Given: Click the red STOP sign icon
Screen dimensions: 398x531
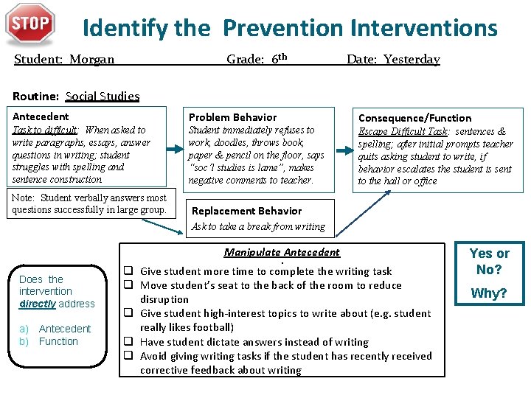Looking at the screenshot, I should point(30,24).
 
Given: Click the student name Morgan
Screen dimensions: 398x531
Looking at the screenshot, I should point(92,60).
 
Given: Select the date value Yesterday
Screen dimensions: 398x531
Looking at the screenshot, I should point(412,60).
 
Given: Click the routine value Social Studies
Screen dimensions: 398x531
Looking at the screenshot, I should point(102,96).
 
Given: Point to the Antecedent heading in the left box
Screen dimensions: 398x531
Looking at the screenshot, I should point(41,116).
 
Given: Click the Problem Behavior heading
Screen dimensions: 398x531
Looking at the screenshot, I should point(232,117).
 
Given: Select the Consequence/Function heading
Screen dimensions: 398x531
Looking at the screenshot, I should point(414,118).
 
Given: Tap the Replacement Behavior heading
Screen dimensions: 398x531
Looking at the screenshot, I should point(246,211).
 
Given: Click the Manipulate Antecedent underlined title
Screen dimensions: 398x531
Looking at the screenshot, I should point(282,252).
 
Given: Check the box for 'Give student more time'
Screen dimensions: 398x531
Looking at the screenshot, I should point(128,271).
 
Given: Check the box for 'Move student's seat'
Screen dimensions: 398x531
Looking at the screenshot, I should point(128,285).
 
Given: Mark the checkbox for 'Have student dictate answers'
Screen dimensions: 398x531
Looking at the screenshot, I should point(128,342).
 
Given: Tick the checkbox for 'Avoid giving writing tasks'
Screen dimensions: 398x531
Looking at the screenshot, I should point(128,356).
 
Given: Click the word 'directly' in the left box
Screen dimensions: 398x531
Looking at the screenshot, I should point(38,304).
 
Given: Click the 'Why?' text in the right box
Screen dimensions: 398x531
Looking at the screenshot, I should point(489,293).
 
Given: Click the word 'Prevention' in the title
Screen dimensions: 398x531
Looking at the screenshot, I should point(283,28).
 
